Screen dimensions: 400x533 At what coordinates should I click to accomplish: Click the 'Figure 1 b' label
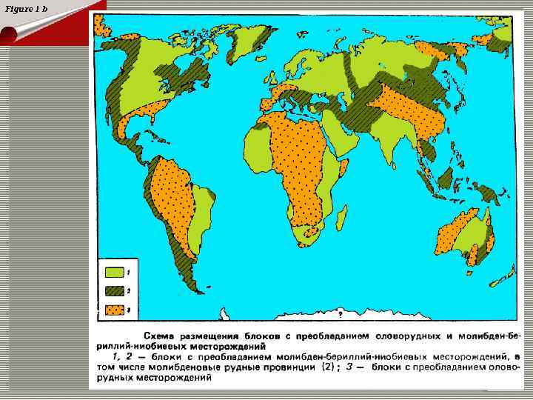(x=25, y=8)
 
